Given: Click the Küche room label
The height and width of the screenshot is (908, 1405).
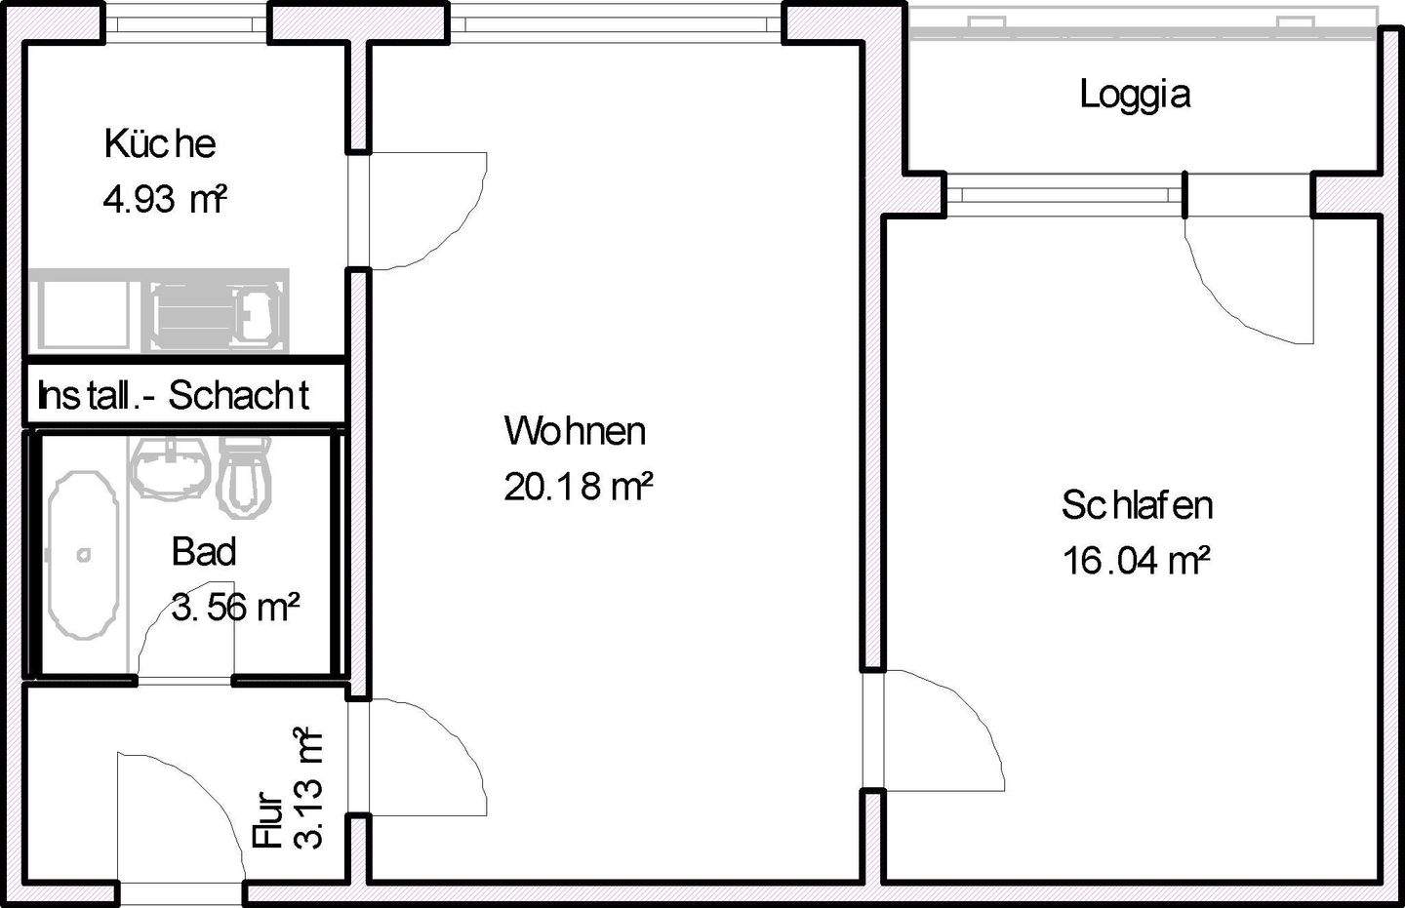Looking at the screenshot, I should [x=159, y=143].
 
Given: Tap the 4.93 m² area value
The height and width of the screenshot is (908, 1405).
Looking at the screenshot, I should [x=164, y=200].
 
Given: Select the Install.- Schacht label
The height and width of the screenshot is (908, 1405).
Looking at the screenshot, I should [x=174, y=396].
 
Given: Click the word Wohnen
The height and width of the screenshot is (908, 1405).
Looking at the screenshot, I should [x=575, y=430].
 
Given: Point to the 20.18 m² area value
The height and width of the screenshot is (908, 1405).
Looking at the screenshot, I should [x=578, y=486].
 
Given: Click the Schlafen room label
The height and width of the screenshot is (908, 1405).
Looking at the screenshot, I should [x=1137, y=505].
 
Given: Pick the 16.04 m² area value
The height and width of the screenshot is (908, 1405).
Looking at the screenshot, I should [x=1137, y=561].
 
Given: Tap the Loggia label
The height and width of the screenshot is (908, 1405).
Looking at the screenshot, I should [x=1135, y=95].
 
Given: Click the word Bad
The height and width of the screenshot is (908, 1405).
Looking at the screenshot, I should [x=203, y=551].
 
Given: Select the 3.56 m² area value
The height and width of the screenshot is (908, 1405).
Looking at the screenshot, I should [x=235, y=607].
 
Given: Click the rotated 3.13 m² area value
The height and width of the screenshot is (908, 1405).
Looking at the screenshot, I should [x=307, y=788].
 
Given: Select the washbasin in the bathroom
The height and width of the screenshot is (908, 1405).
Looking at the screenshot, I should [x=172, y=469].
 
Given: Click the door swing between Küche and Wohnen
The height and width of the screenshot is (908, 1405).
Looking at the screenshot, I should [x=425, y=210].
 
